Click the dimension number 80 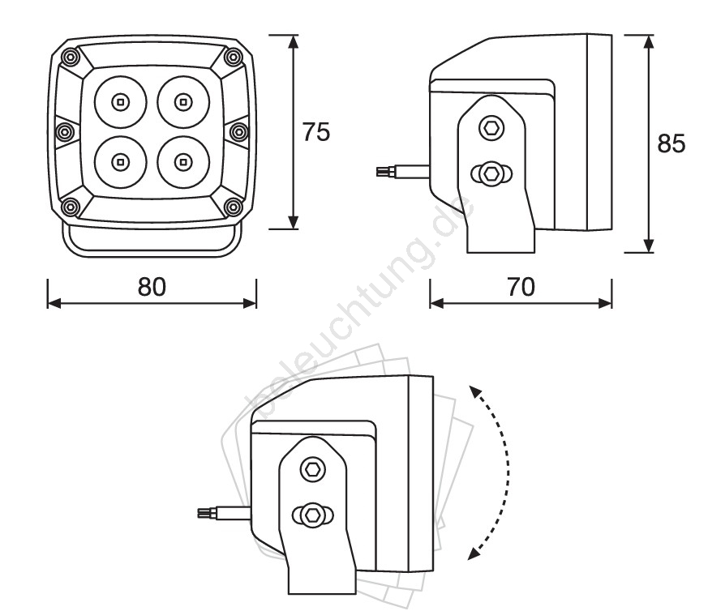pyautogui.click(x=152, y=287)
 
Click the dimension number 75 pyautogui.click(x=316, y=132)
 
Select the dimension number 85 pyautogui.click(x=671, y=143)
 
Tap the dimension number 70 pyautogui.click(x=521, y=287)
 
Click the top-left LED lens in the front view pyautogui.click(x=121, y=101)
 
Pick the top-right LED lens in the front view pyautogui.click(x=183, y=101)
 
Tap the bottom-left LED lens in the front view pyautogui.click(x=121, y=162)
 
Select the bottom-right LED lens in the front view pyautogui.click(x=183, y=162)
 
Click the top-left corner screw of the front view pyautogui.click(x=71, y=58)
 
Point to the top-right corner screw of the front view pyautogui.click(x=234, y=58)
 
